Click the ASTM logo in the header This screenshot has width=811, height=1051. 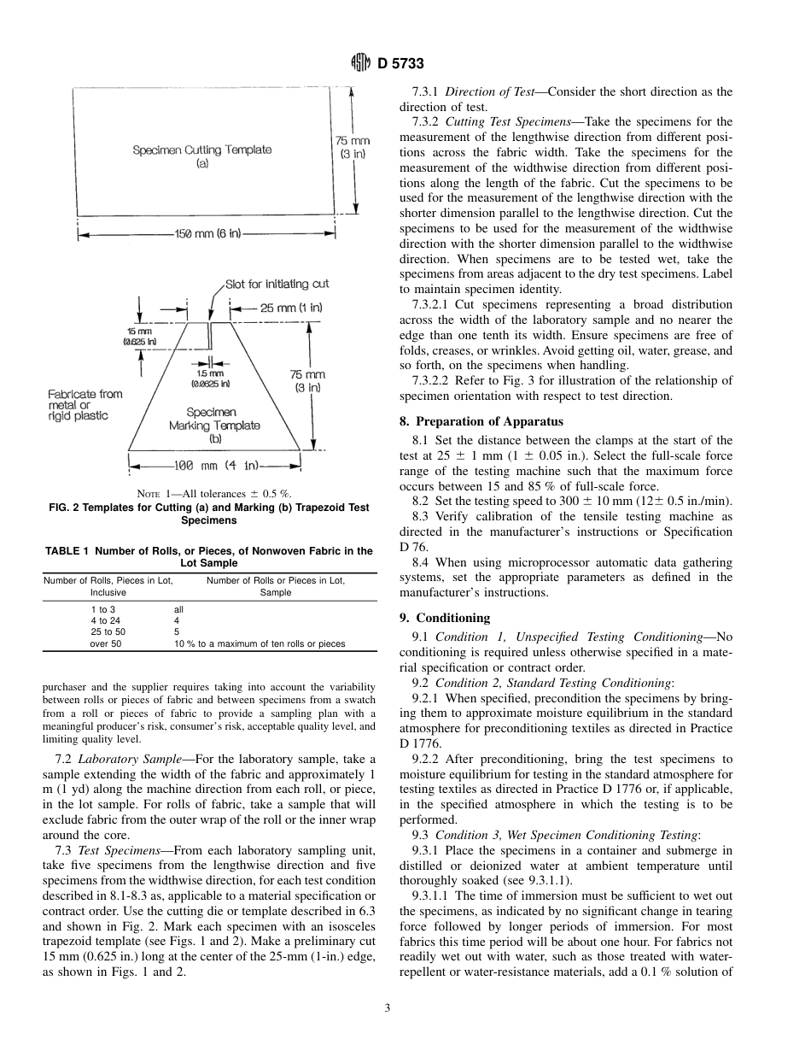click(x=361, y=63)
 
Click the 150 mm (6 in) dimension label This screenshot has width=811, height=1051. click(x=205, y=234)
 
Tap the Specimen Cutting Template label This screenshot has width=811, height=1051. click(x=202, y=156)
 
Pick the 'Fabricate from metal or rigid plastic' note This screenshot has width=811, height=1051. click(x=85, y=405)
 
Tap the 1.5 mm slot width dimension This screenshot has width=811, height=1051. click(x=210, y=379)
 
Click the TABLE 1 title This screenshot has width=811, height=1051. click(x=209, y=557)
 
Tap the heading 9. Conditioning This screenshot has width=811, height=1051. click(x=445, y=617)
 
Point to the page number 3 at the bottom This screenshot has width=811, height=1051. click(x=387, y=1008)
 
